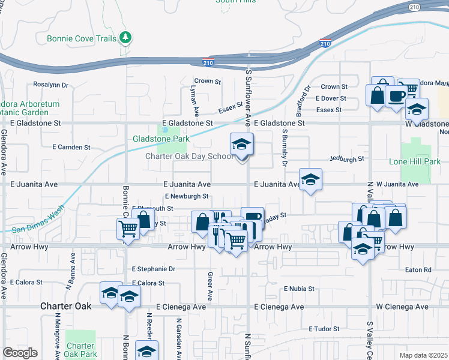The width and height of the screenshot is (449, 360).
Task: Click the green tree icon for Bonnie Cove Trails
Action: click(x=125, y=38)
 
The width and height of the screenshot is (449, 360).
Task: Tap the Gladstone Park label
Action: click(x=161, y=139)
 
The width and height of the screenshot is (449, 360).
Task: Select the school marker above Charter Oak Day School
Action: click(x=241, y=145)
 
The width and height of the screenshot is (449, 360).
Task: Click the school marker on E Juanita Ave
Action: click(x=310, y=179)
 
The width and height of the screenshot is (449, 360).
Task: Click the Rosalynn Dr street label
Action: click(x=51, y=85)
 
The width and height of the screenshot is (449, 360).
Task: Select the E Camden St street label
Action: click(x=71, y=146)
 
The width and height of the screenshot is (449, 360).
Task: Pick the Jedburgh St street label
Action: click(x=347, y=158)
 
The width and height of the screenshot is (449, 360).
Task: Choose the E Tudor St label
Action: click(x=324, y=329)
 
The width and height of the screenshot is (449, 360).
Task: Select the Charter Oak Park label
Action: click(x=80, y=350)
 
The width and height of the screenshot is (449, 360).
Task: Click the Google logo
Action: click(x=20, y=353)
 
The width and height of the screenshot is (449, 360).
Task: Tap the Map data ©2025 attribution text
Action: click(x=423, y=355)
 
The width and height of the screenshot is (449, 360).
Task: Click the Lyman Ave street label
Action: click(x=193, y=100)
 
